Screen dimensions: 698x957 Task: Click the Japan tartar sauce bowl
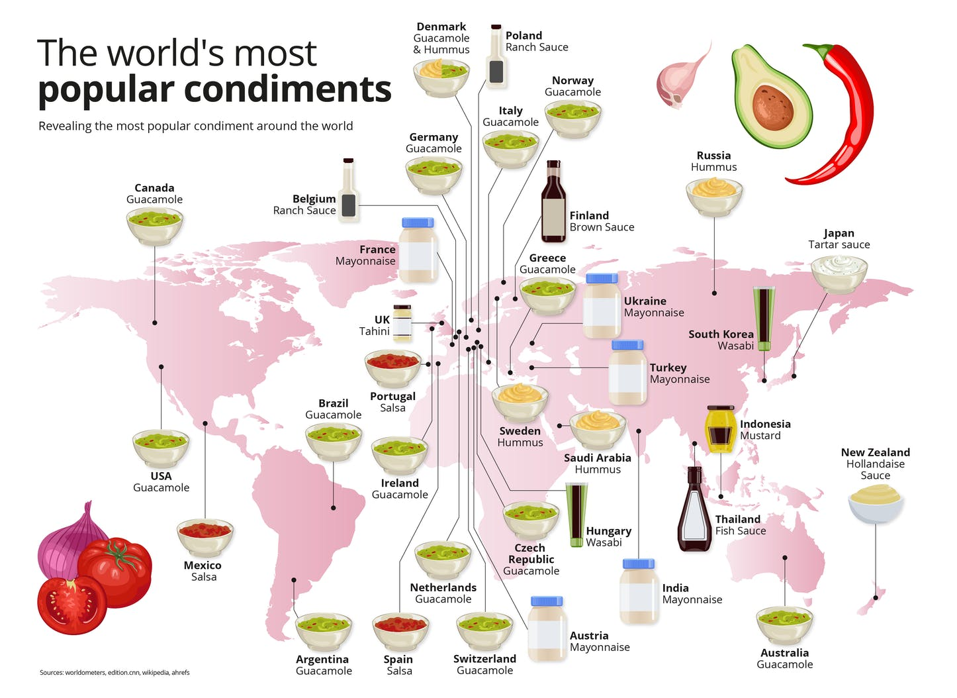click(x=839, y=272)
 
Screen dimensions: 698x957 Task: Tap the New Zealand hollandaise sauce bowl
click(x=876, y=503)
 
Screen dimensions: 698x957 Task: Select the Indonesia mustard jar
click(x=720, y=429)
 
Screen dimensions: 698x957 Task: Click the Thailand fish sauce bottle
click(x=694, y=510)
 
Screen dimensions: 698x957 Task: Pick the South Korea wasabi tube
click(x=764, y=318)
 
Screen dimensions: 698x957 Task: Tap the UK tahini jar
click(x=402, y=323)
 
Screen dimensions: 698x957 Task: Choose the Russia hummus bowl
click(x=714, y=195)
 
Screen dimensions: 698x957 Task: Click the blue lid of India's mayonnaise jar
click(x=639, y=564)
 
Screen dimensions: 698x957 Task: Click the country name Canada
click(x=154, y=188)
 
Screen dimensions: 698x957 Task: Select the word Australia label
click(x=784, y=653)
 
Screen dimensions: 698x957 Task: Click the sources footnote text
click(x=114, y=672)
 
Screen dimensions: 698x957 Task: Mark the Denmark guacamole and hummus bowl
click(x=441, y=76)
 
